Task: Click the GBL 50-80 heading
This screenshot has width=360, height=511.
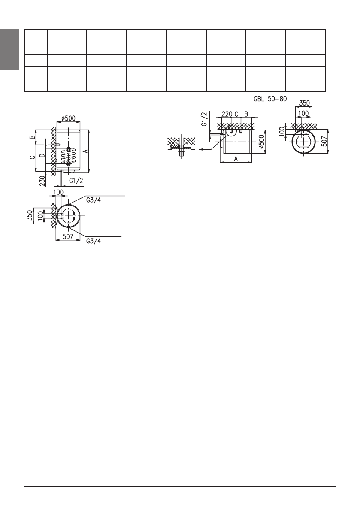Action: click(x=270, y=98)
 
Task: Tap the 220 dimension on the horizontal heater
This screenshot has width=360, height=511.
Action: click(x=227, y=114)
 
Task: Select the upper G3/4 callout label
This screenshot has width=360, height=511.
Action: click(x=94, y=200)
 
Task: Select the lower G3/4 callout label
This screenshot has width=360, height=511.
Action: click(x=94, y=241)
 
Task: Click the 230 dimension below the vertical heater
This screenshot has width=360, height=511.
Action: click(x=42, y=181)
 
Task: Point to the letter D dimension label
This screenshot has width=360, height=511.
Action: click(x=42, y=156)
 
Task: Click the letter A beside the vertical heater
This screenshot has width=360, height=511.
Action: click(x=85, y=151)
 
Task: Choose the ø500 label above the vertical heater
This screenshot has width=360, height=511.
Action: click(x=68, y=118)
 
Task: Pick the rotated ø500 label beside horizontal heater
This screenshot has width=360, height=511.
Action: click(x=262, y=142)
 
